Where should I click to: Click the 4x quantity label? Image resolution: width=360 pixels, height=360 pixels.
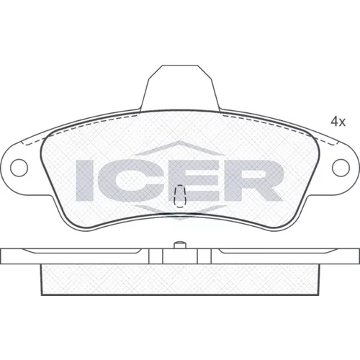click(x=338, y=122)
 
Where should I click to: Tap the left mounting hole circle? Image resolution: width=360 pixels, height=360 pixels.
click(x=19, y=168)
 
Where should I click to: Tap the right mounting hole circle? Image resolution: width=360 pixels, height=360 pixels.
click(x=341, y=168)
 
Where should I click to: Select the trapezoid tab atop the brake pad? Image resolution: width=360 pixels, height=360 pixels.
click(x=180, y=88)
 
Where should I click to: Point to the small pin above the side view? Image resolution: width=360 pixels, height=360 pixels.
click(x=180, y=246)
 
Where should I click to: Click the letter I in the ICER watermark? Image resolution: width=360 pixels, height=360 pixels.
click(x=84, y=181)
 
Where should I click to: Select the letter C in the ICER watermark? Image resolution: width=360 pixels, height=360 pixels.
click(x=131, y=181)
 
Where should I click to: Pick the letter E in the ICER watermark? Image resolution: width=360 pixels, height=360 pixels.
click(x=194, y=181)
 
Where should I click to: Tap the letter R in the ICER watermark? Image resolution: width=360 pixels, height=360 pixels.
click(x=253, y=181)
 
